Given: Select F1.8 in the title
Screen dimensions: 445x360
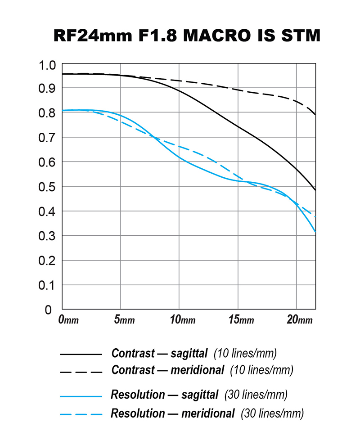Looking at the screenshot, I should click(149, 35).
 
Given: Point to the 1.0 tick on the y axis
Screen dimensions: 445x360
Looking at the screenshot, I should click(46, 66).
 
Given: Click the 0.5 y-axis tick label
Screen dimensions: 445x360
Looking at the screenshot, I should click(46, 187).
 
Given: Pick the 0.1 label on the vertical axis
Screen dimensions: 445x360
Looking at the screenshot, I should click(46, 285).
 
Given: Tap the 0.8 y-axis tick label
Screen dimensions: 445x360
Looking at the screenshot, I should click(46, 113).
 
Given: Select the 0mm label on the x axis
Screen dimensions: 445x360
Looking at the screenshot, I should click(68, 320).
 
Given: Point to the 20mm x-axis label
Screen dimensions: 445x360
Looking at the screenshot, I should click(299, 320).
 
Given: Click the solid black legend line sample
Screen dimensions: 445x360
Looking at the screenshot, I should click(81, 354).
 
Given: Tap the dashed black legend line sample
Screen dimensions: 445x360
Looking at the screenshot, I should click(81, 372).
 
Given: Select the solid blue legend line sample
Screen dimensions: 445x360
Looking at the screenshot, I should click(81, 396).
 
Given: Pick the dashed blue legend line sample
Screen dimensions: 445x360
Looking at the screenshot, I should click(81, 414).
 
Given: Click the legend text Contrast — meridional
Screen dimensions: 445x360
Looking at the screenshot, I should click(168, 371).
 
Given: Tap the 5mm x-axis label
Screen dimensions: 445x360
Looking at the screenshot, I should click(124, 320).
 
